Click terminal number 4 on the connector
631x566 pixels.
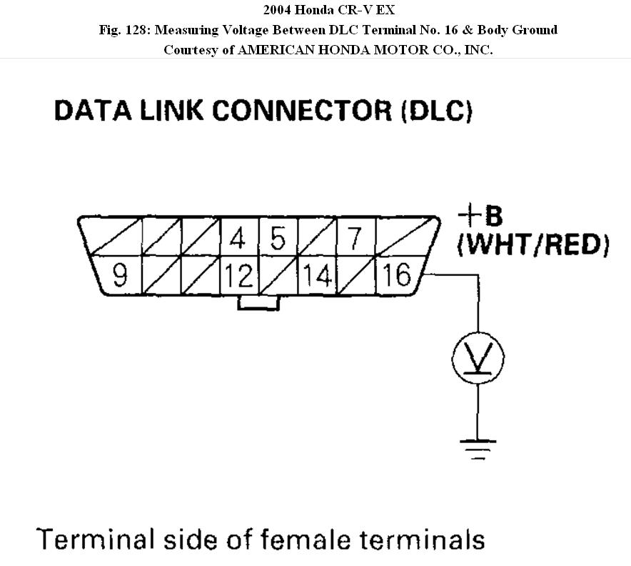(238, 238)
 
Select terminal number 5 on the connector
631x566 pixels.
(278, 238)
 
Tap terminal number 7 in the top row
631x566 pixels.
(355, 238)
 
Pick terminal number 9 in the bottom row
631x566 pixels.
(120, 274)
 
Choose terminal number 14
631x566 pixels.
(316, 274)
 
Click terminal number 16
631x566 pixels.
(396, 274)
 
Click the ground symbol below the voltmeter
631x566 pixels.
(478, 447)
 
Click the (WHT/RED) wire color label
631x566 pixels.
(533, 245)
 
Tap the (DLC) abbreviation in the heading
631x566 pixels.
(437, 111)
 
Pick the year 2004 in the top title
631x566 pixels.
(278, 10)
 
